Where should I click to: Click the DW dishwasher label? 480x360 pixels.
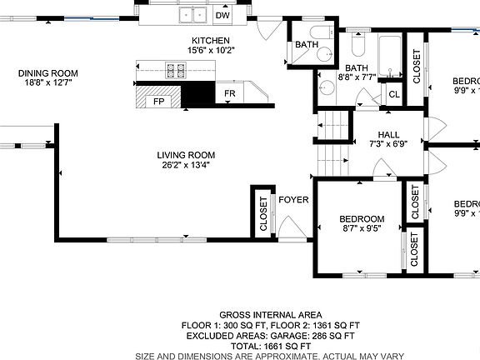point(222,15)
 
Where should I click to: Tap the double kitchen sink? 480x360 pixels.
point(194,14)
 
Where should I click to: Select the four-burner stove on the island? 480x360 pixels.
point(176,71)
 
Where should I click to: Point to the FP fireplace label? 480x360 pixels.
point(157,102)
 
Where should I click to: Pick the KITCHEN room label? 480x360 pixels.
point(211,41)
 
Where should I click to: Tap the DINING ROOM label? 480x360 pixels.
point(47,73)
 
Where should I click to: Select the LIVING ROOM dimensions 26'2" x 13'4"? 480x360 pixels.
point(187,165)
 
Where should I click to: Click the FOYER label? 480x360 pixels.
point(293,200)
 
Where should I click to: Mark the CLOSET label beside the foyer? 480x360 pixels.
point(264,213)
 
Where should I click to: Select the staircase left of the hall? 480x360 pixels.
point(332,142)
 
